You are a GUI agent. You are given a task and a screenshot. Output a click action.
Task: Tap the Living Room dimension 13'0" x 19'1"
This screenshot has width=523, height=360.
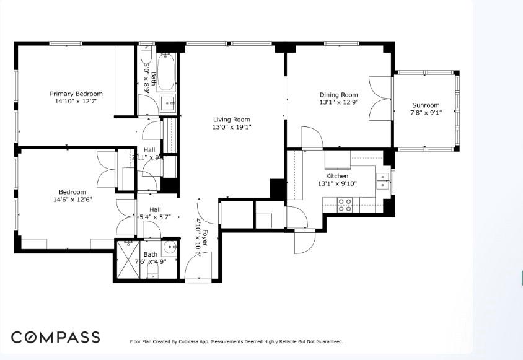(232, 127)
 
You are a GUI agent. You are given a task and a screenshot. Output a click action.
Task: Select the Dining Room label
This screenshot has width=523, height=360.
(338, 95)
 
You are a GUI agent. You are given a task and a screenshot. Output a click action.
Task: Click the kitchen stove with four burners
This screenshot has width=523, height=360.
(345, 205)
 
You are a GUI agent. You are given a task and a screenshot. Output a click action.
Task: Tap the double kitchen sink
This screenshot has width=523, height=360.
(384, 180)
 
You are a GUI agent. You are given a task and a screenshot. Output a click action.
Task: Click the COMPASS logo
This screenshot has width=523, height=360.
(55, 338)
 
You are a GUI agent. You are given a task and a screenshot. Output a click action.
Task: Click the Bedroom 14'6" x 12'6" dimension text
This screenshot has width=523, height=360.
(73, 200)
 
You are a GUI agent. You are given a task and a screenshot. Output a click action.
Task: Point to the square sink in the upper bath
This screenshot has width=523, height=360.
(167, 104)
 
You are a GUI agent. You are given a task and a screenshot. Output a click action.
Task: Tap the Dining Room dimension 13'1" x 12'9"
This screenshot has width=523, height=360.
(338, 102)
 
